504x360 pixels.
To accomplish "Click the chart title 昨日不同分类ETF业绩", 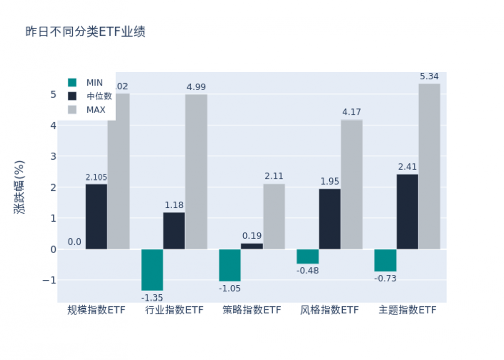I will click(x=86, y=32).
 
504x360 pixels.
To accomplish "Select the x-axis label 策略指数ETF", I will click(x=252, y=310).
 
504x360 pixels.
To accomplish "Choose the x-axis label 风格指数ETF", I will click(x=330, y=310).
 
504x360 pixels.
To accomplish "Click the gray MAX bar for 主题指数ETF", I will click(x=429, y=166).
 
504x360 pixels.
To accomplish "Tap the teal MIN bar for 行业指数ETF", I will click(x=152, y=270).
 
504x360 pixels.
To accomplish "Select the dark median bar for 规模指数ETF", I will click(x=96, y=216).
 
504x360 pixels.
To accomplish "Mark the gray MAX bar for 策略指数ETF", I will click(x=274, y=216).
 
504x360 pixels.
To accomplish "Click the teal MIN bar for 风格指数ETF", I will click(x=307, y=256).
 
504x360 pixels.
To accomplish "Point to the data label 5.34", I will click(x=429, y=77).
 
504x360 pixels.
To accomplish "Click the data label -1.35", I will click(x=152, y=298).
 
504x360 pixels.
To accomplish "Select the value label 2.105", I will click(x=96, y=177).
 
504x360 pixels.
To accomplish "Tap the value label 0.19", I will click(x=252, y=236).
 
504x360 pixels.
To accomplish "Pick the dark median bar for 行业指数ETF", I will click(x=174, y=230).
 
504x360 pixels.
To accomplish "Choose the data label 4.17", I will click(x=351, y=112).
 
